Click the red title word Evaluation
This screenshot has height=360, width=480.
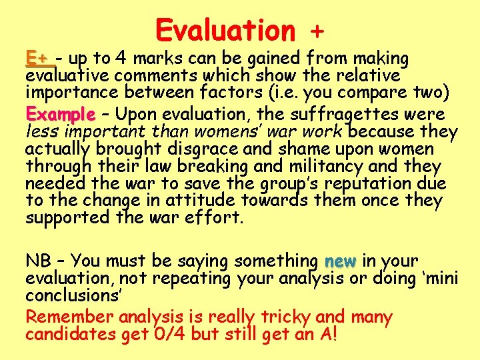[225, 30]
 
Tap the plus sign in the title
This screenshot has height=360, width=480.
[318, 31]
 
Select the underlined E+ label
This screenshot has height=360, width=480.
[39, 58]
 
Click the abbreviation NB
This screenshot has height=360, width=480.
[37, 260]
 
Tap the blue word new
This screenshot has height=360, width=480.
[341, 260]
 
